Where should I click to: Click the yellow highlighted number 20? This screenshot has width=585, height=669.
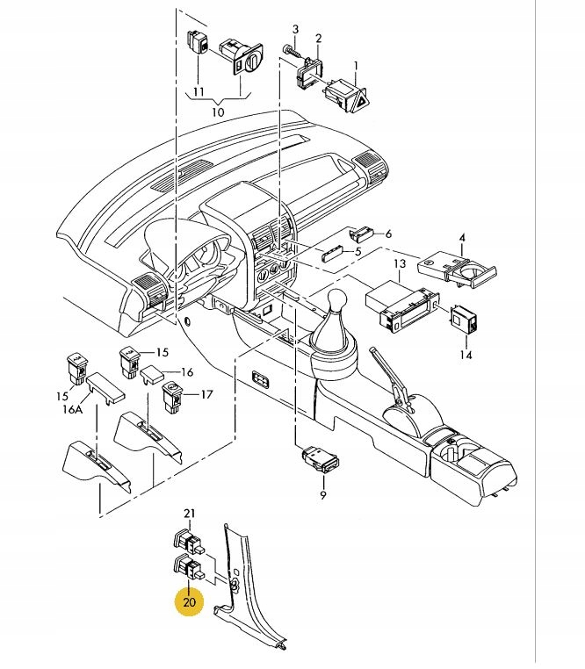(189, 602)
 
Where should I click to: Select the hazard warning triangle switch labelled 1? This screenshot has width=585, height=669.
(346, 96)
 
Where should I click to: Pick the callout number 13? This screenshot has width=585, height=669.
(400, 263)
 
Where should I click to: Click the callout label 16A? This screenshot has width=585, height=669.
(72, 410)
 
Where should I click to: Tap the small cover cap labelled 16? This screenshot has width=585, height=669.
(152, 374)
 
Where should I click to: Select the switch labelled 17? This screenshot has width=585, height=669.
(173, 397)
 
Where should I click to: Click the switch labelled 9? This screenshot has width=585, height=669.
(321, 459)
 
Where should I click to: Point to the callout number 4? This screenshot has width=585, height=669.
(462, 238)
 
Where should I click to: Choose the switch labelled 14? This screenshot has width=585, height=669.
(464, 319)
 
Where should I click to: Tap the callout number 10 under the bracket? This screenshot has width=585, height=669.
(218, 112)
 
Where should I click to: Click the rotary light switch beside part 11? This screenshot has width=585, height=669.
(242, 58)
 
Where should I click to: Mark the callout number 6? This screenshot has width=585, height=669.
(388, 234)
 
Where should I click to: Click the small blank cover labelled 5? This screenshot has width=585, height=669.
(334, 255)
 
